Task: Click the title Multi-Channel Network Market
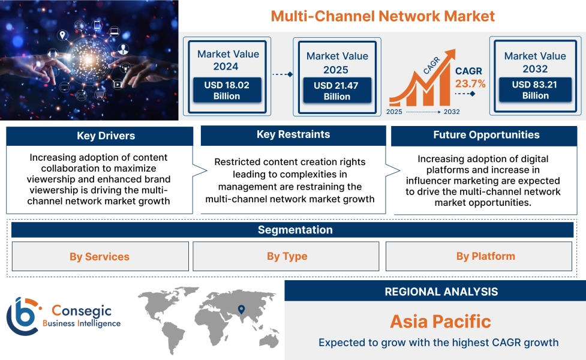(383, 16)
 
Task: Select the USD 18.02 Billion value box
(227, 91)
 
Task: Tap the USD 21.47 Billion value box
(336, 91)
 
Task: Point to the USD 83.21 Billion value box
(535, 90)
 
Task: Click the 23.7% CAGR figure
(470, 83)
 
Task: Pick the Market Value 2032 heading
(535, 62)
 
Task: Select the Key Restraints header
(293, 135)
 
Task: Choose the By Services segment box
(100, 257)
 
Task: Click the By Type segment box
(287, 257)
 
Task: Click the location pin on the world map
(241, 310)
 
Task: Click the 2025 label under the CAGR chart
(394, 112)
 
